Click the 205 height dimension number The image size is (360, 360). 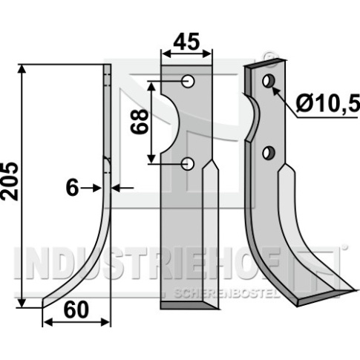(10, 181)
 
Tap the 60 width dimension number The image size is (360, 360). (76, 310)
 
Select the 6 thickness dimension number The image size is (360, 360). (72, 188)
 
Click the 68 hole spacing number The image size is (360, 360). (140, 122)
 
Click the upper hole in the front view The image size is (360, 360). (188, 81)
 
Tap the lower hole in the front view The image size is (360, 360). (188, 163)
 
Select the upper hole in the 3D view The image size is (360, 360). (268, 81)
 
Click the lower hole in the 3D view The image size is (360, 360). (268, 153)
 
